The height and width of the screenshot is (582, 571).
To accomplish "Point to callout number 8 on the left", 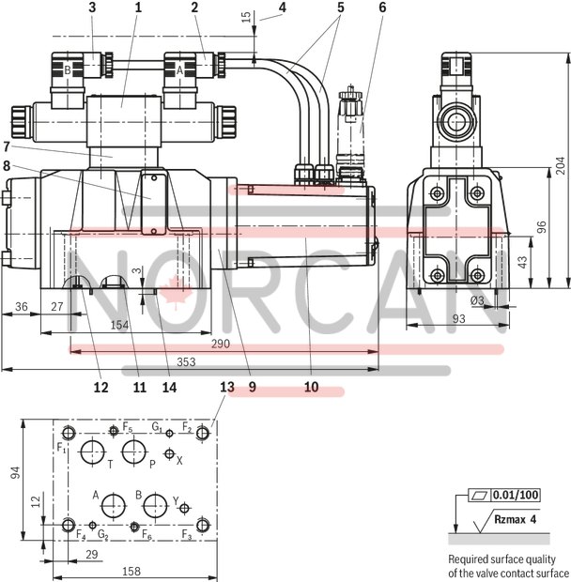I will click(x=8, y=165).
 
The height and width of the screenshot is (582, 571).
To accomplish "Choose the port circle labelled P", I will click(x=142, y=451).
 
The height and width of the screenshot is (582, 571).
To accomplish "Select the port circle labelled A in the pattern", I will click(x=112, y=505).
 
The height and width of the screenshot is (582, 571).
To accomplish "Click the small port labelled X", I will click(x=169, y=454).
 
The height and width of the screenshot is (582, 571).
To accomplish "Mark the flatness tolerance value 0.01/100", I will click(x=515, y=494).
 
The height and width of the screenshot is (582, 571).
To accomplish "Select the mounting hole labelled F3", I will click(x=206, y=523).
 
